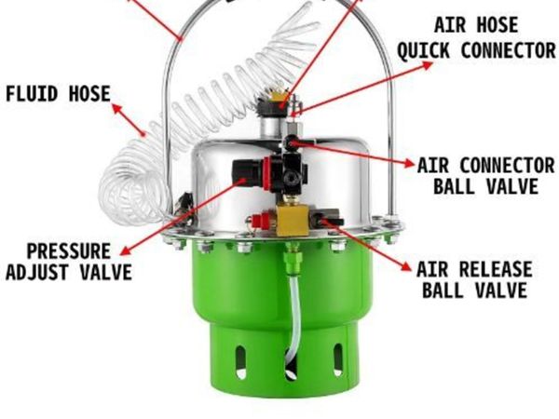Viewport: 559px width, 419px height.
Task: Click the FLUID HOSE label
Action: pos(58,94)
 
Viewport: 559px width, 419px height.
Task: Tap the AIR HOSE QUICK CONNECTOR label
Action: pos(477,38)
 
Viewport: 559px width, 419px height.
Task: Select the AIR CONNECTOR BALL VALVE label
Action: pos(486,176)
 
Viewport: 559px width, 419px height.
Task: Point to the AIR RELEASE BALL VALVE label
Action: pos(474,279)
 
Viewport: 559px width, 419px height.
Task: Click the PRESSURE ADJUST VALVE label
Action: pos(69,262)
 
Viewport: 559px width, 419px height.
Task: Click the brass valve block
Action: pos(293,221)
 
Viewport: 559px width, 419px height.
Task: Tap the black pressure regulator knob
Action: pos(247,173)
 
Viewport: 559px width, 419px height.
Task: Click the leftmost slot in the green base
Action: pos(241,361)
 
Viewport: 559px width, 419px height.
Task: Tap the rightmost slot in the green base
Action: pos(337,359)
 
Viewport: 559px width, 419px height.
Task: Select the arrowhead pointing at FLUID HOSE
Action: pos(116,108)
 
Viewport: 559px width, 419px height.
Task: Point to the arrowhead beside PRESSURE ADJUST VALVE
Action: pos(126,250)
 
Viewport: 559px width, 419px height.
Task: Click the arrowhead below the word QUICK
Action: pos(427,65)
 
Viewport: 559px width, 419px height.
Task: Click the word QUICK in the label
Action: pos(423,50)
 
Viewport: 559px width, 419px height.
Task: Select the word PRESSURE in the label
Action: pos(69,251)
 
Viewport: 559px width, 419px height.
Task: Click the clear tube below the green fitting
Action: pos(295,314)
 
